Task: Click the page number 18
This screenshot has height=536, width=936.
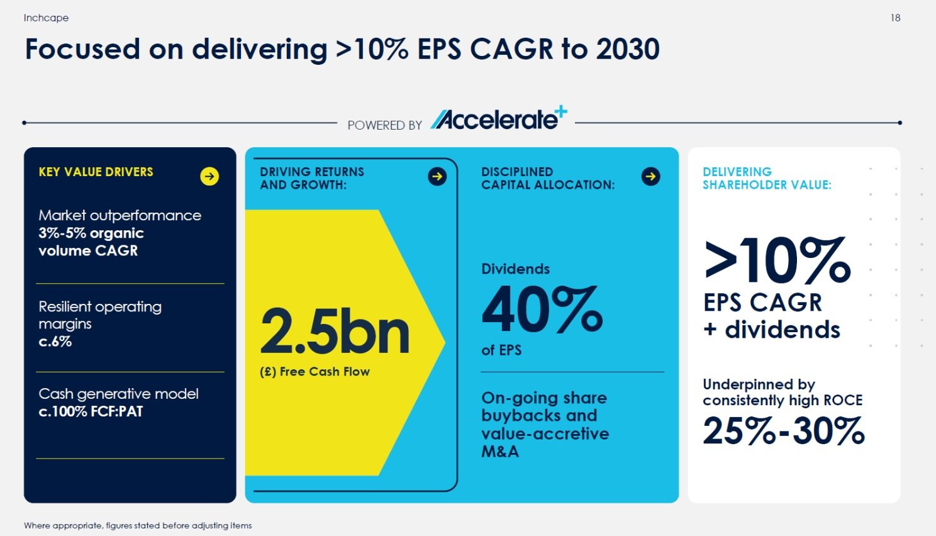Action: [895, 18]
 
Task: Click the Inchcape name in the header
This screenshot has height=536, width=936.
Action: [46, 18]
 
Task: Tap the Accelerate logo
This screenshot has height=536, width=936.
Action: [498, 118]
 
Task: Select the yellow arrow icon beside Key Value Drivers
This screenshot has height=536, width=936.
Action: [209, 176]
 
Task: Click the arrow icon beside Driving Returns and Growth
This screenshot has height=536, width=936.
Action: [437, 176]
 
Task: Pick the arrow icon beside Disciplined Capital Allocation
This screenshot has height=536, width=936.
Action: [650, 176]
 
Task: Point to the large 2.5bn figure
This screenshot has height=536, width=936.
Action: [335, 332]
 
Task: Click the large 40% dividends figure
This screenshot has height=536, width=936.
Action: [542, 309]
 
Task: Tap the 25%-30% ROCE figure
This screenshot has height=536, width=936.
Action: [784, 430]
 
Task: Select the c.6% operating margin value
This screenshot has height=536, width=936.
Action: [55, 342]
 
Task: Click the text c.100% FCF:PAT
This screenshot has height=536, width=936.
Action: [91, 411]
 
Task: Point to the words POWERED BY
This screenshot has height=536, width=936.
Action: [385, 125]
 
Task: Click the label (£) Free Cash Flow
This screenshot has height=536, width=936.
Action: [315, 371]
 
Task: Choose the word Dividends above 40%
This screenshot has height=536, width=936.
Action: [516, 269]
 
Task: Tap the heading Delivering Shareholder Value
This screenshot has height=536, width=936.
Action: [767, 179]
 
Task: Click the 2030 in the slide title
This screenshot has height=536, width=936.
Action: [628, 49]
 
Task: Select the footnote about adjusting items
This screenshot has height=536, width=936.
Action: [138, 525]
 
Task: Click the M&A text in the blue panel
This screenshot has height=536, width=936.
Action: [500, 452]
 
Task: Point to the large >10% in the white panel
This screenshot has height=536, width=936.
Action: [777, 260]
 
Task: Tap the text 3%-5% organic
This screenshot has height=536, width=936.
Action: [91, 233]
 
